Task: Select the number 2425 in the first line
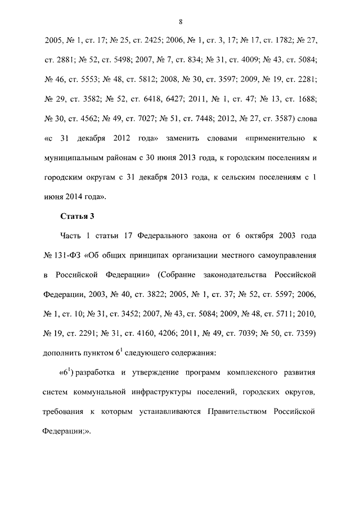click(x=133, y=41)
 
